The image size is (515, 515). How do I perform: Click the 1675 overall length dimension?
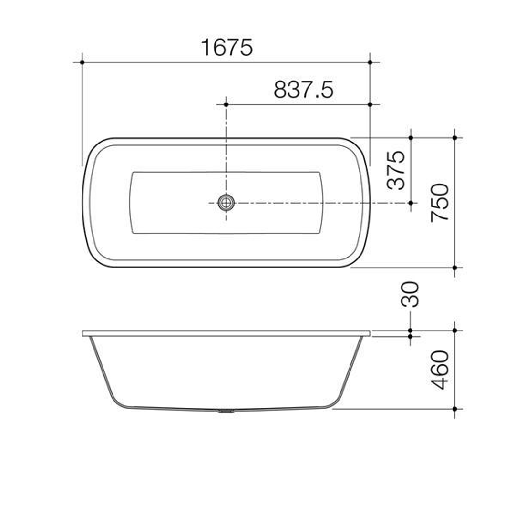coord(227,48)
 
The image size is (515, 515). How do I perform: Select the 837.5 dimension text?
coord(304,90)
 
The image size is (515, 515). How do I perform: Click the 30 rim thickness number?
coord(411,294)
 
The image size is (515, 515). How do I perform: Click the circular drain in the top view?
coord(226,203)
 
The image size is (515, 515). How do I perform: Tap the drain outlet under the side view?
coord(226,411)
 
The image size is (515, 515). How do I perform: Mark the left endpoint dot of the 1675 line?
coord(82,62)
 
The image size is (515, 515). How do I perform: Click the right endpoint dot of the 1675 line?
coord(370,62)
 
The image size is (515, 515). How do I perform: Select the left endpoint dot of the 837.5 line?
coord(226,104)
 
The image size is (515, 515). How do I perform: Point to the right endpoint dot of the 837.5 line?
coord(370,104)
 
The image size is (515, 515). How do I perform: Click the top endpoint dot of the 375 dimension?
coord(411,137)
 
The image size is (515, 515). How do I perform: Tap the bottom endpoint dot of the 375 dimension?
coord(411,203)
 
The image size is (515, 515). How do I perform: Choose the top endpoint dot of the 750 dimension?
coord(455,137)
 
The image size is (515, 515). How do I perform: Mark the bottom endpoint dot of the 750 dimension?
coord(455,268)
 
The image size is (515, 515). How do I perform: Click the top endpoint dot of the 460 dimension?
coord(455,330)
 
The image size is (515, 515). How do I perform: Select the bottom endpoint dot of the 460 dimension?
coord(455,409)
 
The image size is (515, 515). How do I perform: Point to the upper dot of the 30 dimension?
coord(411,330)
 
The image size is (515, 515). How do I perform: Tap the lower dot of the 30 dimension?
coord(411,336)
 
